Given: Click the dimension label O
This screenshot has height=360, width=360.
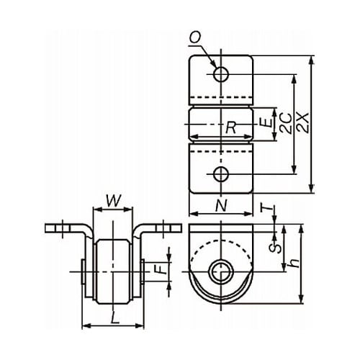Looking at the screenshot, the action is coord(195,37).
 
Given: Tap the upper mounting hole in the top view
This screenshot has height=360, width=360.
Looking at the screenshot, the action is coord(221,74).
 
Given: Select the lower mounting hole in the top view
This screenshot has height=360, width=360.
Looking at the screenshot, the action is coord(221,174).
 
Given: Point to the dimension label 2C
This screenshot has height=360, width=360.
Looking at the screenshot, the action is coord(286,123).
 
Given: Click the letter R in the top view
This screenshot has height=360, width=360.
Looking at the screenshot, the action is coord(231,127).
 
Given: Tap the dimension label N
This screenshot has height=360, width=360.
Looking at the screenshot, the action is coord(221,206).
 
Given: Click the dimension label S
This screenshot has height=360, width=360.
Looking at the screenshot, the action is coord(275,248).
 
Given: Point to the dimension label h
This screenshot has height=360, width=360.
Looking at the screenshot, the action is coord(294,263).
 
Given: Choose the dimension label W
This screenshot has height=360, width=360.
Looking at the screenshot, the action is coord(113,201).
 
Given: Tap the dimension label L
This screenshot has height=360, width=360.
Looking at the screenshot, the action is coord(114,318).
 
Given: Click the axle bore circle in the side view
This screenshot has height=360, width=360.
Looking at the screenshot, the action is coord(221,271).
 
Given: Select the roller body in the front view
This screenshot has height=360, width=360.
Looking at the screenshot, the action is coord(112,271).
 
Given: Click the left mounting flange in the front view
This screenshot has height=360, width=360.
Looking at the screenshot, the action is coord(67,228).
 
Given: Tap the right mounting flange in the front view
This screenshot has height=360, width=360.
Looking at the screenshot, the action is coord(158,228).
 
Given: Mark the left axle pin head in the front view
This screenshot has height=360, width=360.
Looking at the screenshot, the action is coord(84,271).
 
